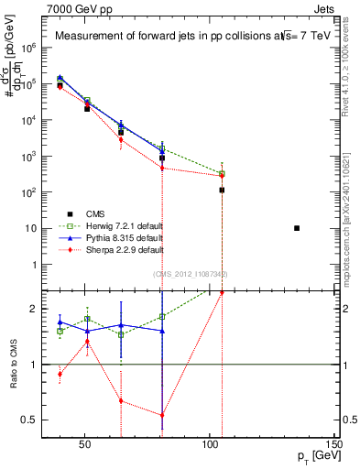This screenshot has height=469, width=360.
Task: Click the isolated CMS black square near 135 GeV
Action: point(297,228)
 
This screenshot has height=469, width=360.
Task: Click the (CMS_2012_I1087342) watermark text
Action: point(191,274)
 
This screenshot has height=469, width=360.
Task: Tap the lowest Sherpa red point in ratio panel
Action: point(162,415)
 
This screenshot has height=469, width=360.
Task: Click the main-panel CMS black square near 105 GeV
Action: point(222,190)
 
